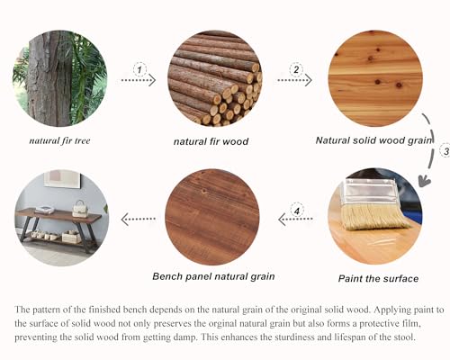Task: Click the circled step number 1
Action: pyautogui.click(x=139, y=69)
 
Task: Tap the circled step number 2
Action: pyautogui.click(x=296, y=69)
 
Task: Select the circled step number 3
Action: pyautogui.click(x=445, y=151)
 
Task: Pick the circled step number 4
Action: pyautogui.click(x=297, y=211)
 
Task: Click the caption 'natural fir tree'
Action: pyautogui.click(x=59, y=140)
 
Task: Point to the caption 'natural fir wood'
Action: pyautogui.click(x=211, y=141)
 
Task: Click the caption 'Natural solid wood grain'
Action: pyautogui.click(x=373, y=140)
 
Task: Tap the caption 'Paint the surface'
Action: pyautogui.click(x=378, y=278)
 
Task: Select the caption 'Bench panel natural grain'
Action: pyautogui.click(x=213, y=276)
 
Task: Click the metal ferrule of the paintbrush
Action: pyautogui.click(x=370, y=192)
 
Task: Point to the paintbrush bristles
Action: pyautogui.click(x=375, y=217)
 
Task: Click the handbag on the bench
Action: pyautogui.click(x=79, y=209)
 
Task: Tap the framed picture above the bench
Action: pyautogui.click(x=62, y=178)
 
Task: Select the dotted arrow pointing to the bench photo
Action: pyautogui.click(x=139, y=219)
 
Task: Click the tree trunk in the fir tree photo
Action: pyautogui.click(x=49, y=78)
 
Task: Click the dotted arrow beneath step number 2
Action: pyautogui.click(x=295, y=80)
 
